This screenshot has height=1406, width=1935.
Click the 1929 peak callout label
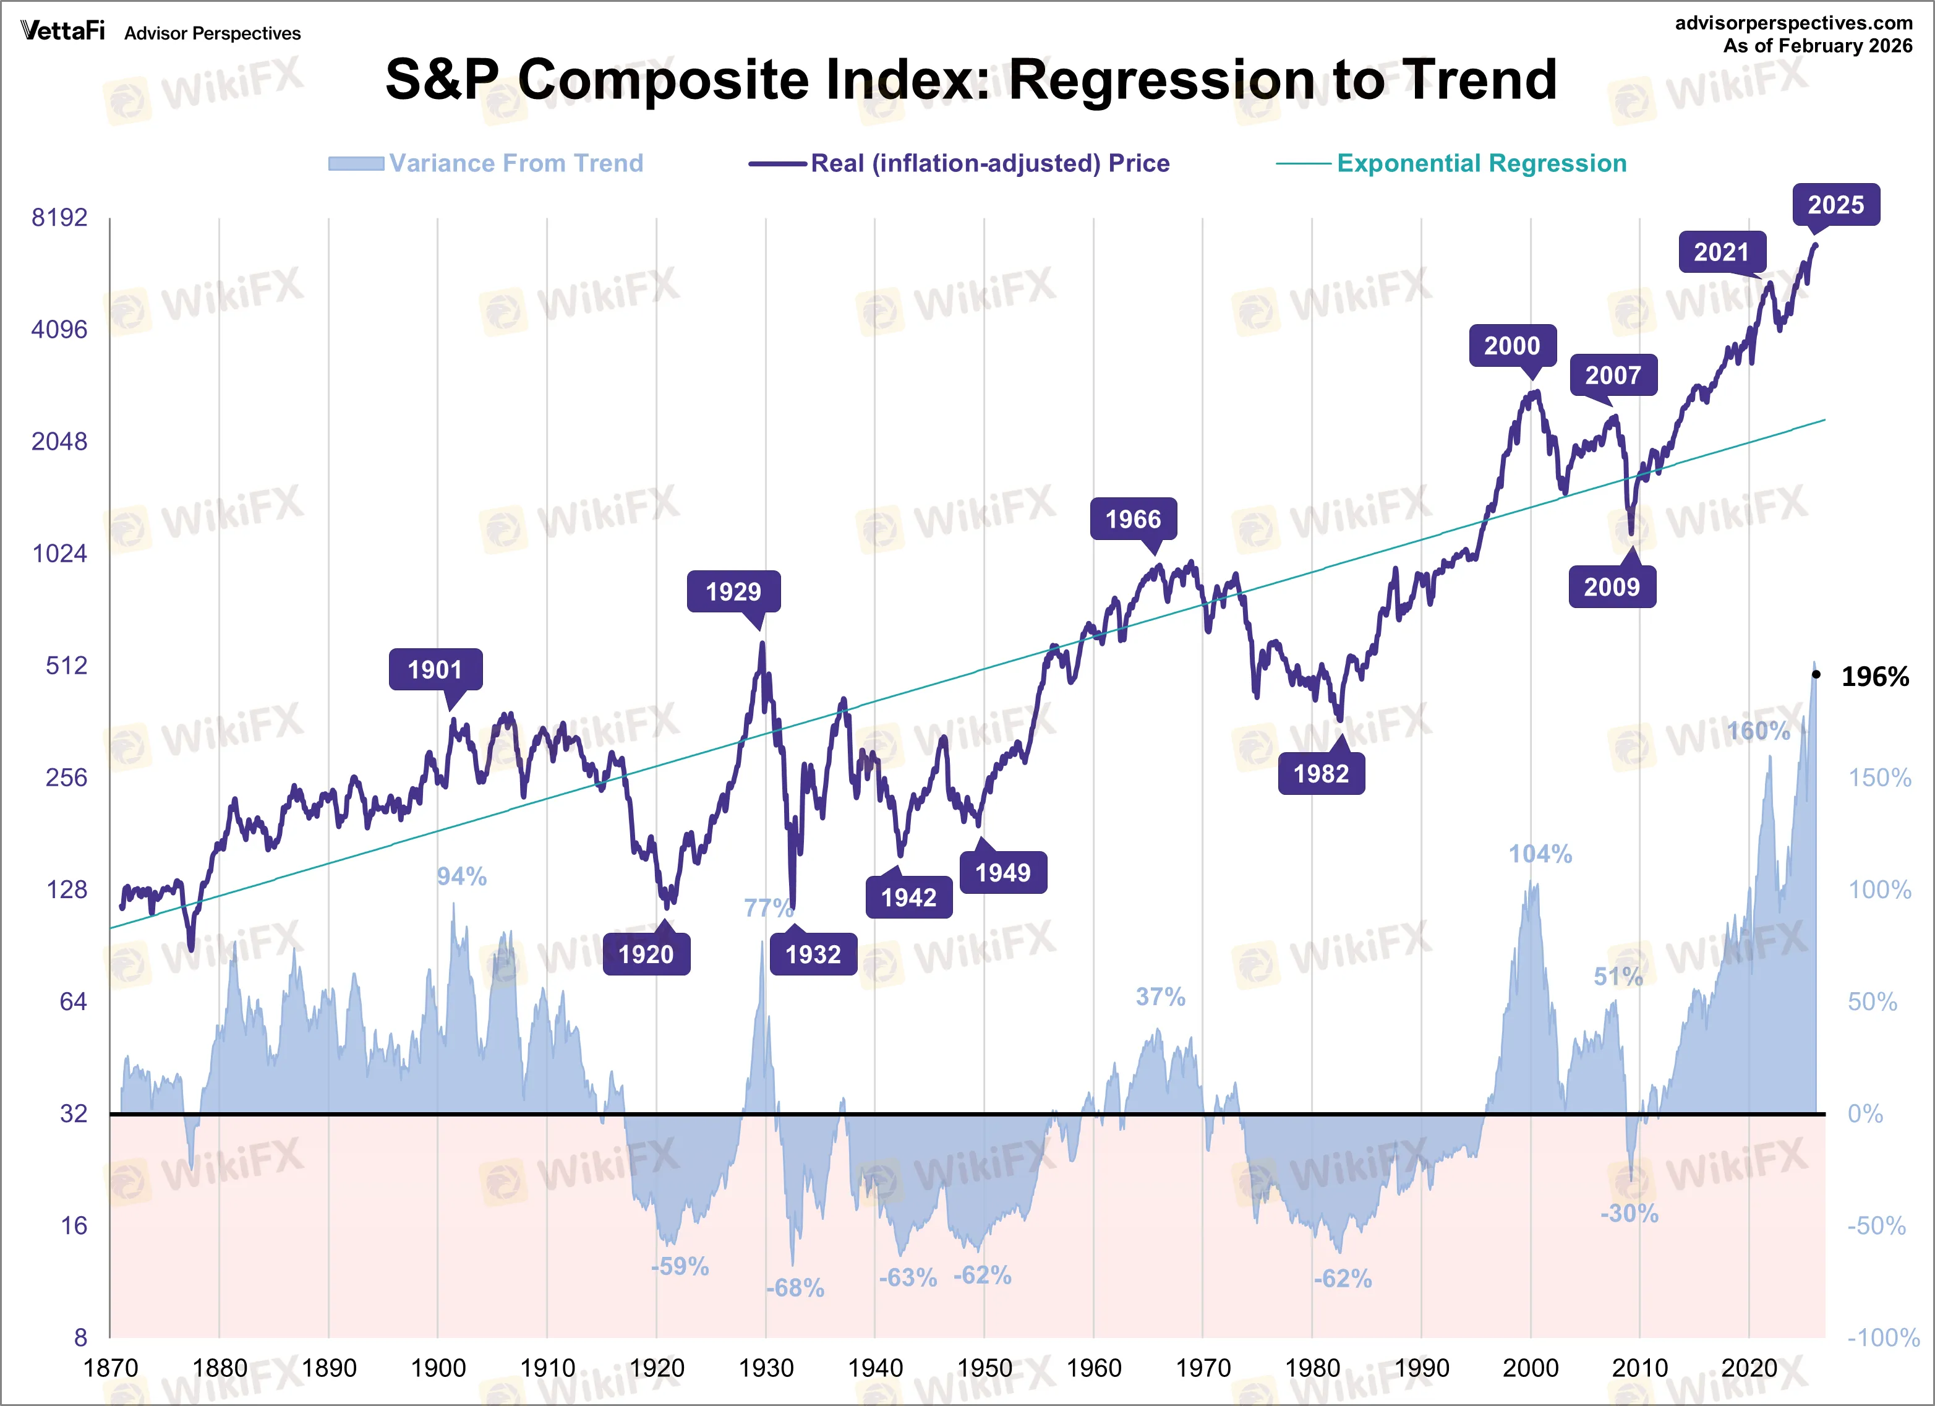click(733, 591)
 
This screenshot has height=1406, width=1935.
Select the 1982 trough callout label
click(1321, 773)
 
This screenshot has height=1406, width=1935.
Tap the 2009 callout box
click(1612, 587)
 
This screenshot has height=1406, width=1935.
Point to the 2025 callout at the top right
click(1835, 205)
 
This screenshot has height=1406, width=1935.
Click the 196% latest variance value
click(1874, 677)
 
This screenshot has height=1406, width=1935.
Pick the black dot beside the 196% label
click(1816, 675)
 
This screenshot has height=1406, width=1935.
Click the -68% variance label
click(794, 1287)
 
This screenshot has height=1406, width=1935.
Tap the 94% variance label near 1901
click(461, 876)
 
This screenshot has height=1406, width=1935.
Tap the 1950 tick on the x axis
click(984, 1368)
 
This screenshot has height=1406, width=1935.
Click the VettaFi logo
click(62, 31)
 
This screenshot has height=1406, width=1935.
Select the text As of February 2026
click(1818, 45)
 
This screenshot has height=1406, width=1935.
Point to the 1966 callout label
click(1132, 519)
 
